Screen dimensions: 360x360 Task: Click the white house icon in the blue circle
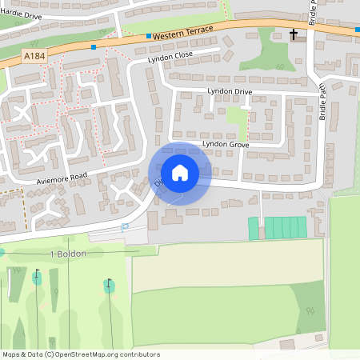(x=179, y=173)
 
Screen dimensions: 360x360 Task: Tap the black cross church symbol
(x=294, y=34)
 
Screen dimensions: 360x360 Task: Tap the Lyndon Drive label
(x=230, y=91)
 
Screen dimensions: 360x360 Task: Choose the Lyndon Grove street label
(x=226, y=144)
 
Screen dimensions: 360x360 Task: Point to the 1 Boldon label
(x=68, y=254)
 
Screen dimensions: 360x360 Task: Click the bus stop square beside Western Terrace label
(x=149, y=36)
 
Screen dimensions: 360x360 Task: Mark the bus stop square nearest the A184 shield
(x=94, y=47)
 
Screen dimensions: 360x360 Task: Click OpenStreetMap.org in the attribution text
(x=92, y=354)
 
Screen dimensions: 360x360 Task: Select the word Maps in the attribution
(x=11, y=354)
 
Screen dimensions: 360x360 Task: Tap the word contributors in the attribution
(x=141, y=354)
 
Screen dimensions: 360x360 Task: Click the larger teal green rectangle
(x=286, y=228)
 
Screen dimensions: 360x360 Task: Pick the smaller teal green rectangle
(x=254, y=229)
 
